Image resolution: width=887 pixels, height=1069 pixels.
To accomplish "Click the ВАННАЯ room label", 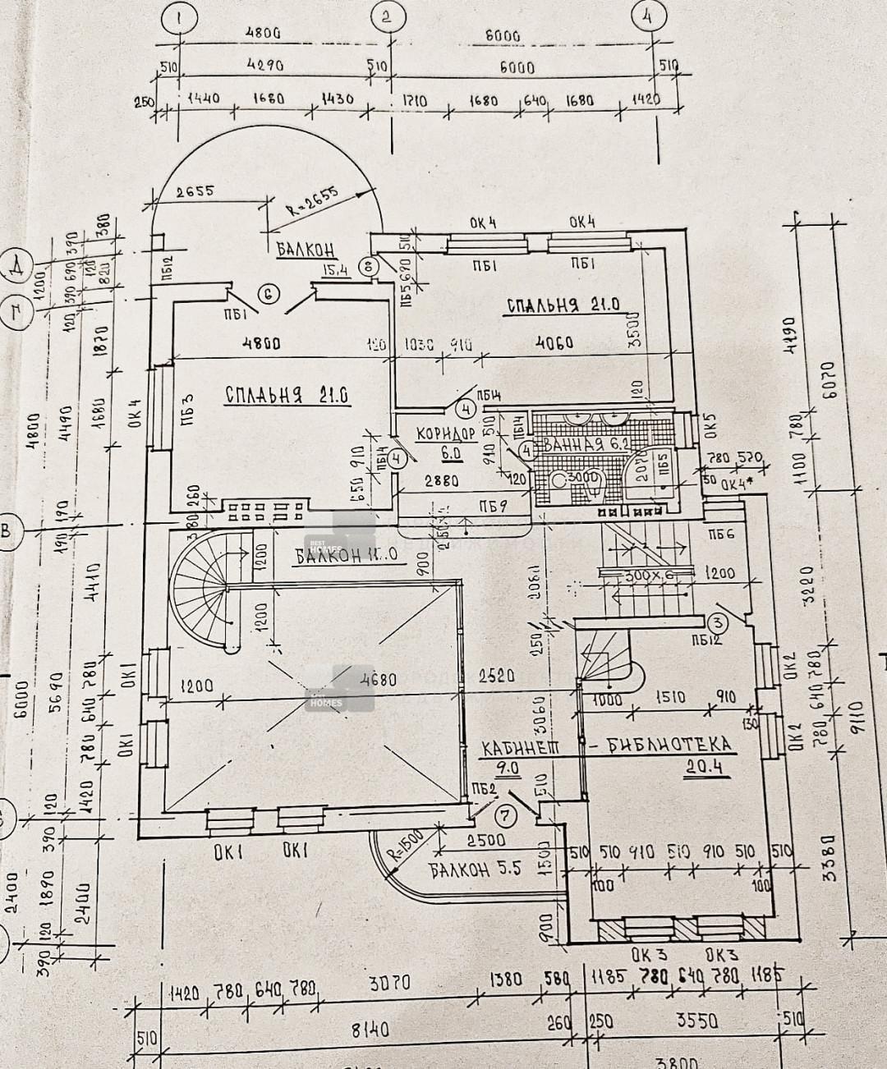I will click(x=576, y=446).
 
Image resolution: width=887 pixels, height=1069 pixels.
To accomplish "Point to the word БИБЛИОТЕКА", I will click(x=673, y=745).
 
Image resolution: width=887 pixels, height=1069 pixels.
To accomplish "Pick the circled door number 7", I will click(x=506, y=815).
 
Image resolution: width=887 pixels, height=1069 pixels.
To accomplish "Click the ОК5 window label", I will click(x=711, y=428).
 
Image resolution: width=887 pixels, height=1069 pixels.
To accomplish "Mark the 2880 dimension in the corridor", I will click(x=442, y=483).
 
